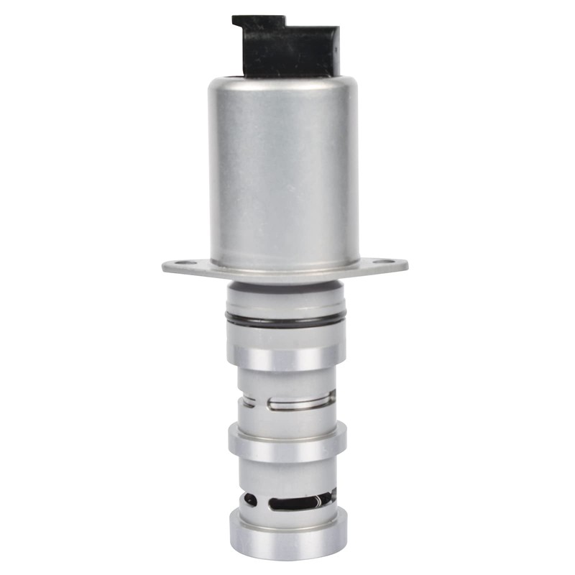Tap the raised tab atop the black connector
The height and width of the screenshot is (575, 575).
255,23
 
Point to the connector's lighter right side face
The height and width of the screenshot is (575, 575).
333,52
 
